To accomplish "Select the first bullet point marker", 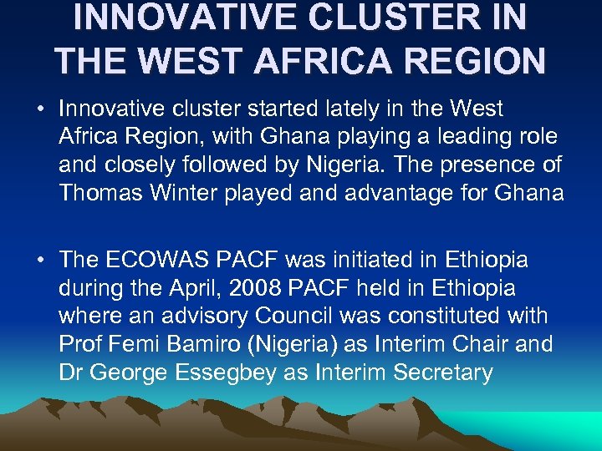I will pos(40,109).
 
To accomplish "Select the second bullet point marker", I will pos(40,261).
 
